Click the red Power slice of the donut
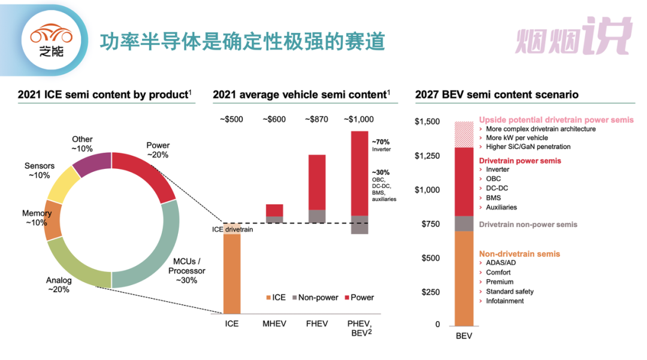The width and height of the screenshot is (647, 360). click(x=147, y=174)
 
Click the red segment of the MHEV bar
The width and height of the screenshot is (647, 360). click(x=274, y=210)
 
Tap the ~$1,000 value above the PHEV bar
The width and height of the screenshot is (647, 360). click(x=358, y=119)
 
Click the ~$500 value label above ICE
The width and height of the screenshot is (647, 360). click(x=231, y=119)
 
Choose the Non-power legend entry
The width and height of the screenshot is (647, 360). click(x=315, y=297)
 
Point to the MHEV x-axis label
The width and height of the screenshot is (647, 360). click(x=274, y=323)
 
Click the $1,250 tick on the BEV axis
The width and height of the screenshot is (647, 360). click(x=427, y=156)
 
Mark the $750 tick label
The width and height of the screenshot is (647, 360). click(x=430, y=224)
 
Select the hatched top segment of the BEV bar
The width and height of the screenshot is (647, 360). click(x=464, y=134)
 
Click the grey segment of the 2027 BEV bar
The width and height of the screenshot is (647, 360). click(x=464, y=223)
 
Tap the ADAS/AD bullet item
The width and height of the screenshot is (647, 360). click(x=498, y=262)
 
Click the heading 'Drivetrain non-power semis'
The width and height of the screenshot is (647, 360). click(x=528, y=224)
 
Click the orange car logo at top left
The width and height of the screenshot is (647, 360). click(x=51, y=35)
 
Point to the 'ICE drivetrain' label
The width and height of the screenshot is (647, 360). click(x=232, y=229)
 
